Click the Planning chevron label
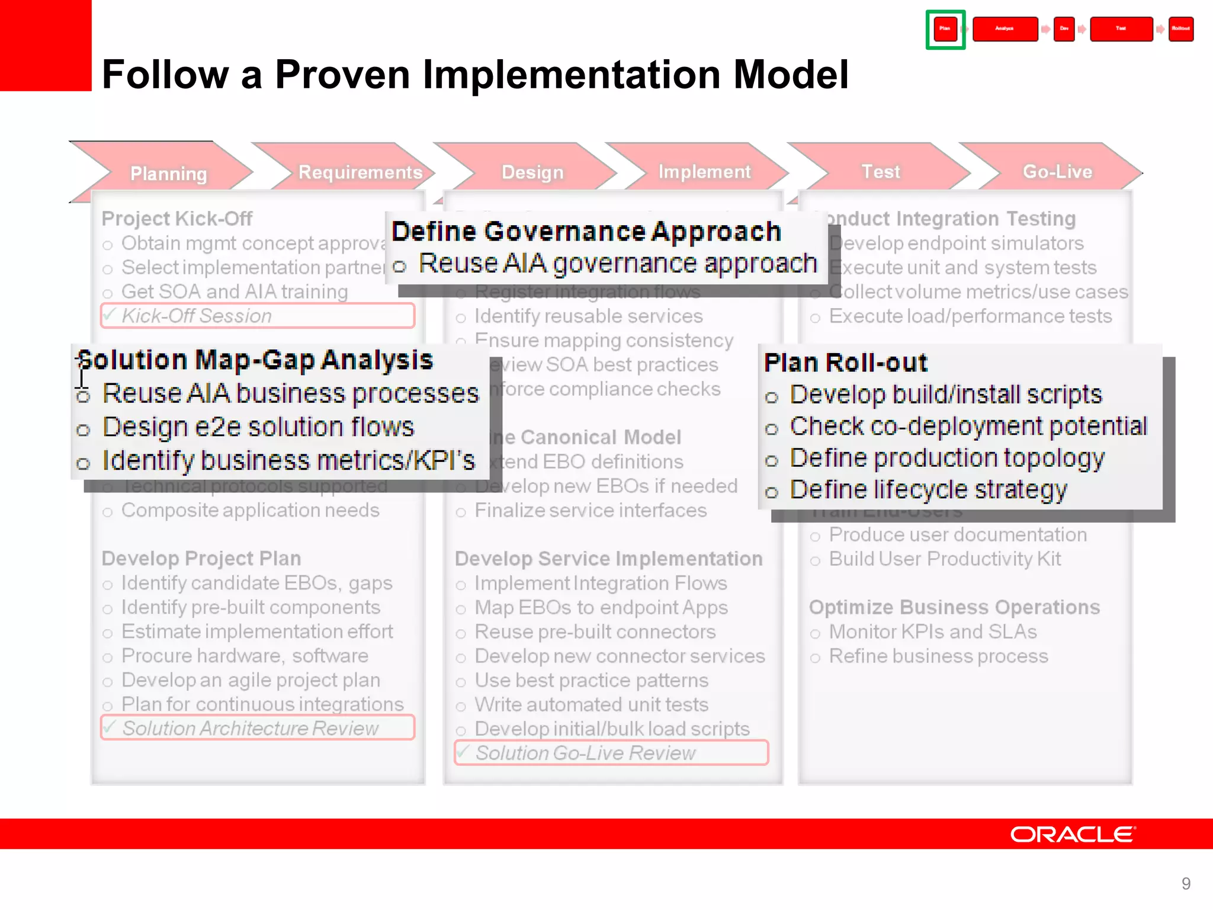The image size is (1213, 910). (168, 174)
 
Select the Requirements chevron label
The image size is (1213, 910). (360, 172)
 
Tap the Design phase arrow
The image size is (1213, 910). (532, 172)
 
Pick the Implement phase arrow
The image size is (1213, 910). (704, 171)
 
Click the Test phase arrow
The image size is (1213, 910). (880, 171)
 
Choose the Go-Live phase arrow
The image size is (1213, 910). (1057, 171)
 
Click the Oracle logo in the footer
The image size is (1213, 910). (1073, 834)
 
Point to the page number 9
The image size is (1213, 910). (1186, 883)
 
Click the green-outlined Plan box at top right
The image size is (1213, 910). (945, 29)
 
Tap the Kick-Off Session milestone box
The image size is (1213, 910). (257, 316)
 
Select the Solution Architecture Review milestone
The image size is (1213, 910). (257, 728)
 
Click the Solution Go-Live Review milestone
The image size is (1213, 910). (611, 753)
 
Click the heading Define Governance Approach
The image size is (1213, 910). (586, 231)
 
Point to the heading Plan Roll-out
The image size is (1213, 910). (845, 363)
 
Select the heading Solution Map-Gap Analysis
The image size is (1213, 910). (255, 360)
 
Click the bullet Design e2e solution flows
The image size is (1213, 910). (258, 427)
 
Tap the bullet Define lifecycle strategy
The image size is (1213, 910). (928, 490)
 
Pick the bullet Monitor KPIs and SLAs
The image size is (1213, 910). (932, 632)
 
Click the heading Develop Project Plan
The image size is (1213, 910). (201, 558)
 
